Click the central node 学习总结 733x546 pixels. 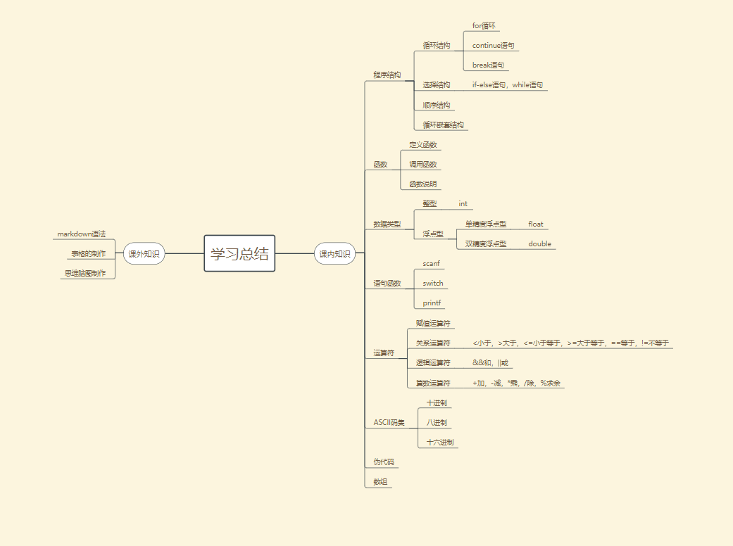[x=239, y=253]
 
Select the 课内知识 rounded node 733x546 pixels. [x=334, y=253]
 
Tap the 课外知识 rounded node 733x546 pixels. [x=144, y=253]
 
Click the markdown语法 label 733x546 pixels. [x=81, y=234]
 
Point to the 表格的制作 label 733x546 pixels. [x=88, y=253]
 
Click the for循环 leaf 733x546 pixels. [x=484, y=25]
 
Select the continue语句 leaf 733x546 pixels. [x=493, y=45]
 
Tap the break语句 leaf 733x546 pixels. [x=488, y=65]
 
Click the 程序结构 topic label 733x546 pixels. [x=387, y=75]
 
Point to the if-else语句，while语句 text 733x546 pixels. [x=507, y=84]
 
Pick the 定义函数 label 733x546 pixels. [x=422, y=144]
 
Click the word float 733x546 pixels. [x=536, y=224]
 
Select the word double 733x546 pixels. [x=539, y=243]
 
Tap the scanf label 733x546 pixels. [x=431, y=263]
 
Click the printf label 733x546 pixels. [x=431, y=303]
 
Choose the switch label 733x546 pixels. [x=433, y=283]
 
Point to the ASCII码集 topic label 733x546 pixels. [x=389, y=423]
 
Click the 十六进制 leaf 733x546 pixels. [x=440, y=443]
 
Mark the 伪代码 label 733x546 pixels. [x=384, y=462]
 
